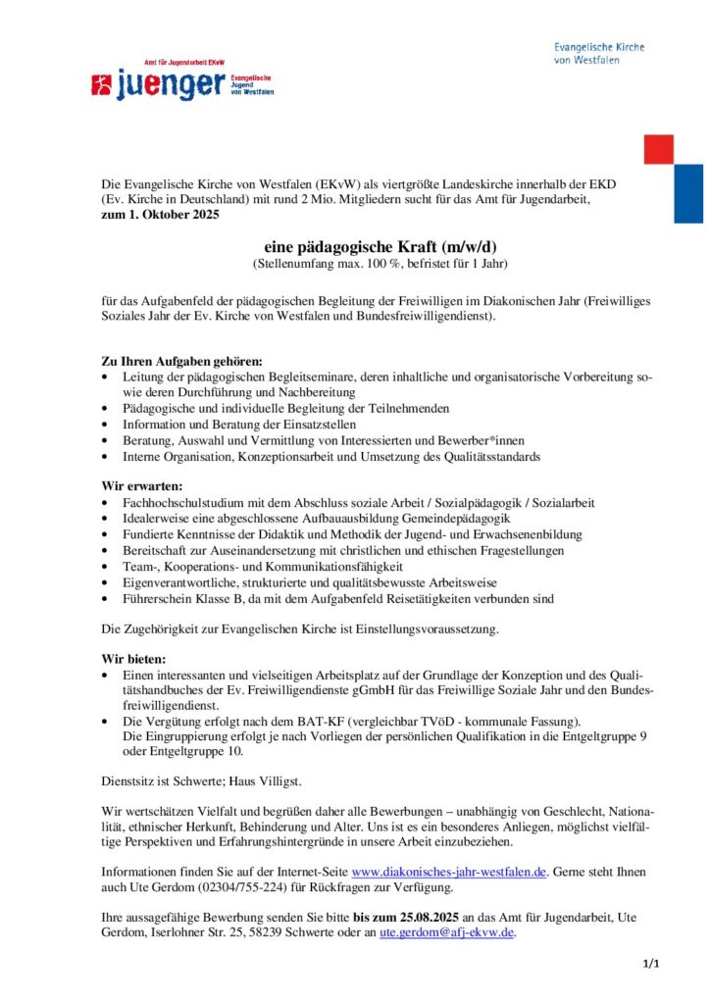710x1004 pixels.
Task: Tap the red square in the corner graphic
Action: point(658,149)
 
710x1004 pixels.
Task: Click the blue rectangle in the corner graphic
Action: point(688,193)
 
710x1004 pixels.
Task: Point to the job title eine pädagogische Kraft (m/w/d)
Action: point(355,248)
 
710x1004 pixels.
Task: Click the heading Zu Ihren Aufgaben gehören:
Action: point(182,361)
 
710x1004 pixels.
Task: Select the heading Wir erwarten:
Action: point(142,486)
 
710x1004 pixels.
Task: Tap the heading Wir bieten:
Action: point(134,659)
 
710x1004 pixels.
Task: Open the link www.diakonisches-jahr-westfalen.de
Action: point(449,871)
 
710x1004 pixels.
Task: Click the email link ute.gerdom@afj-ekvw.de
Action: point(446,933)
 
